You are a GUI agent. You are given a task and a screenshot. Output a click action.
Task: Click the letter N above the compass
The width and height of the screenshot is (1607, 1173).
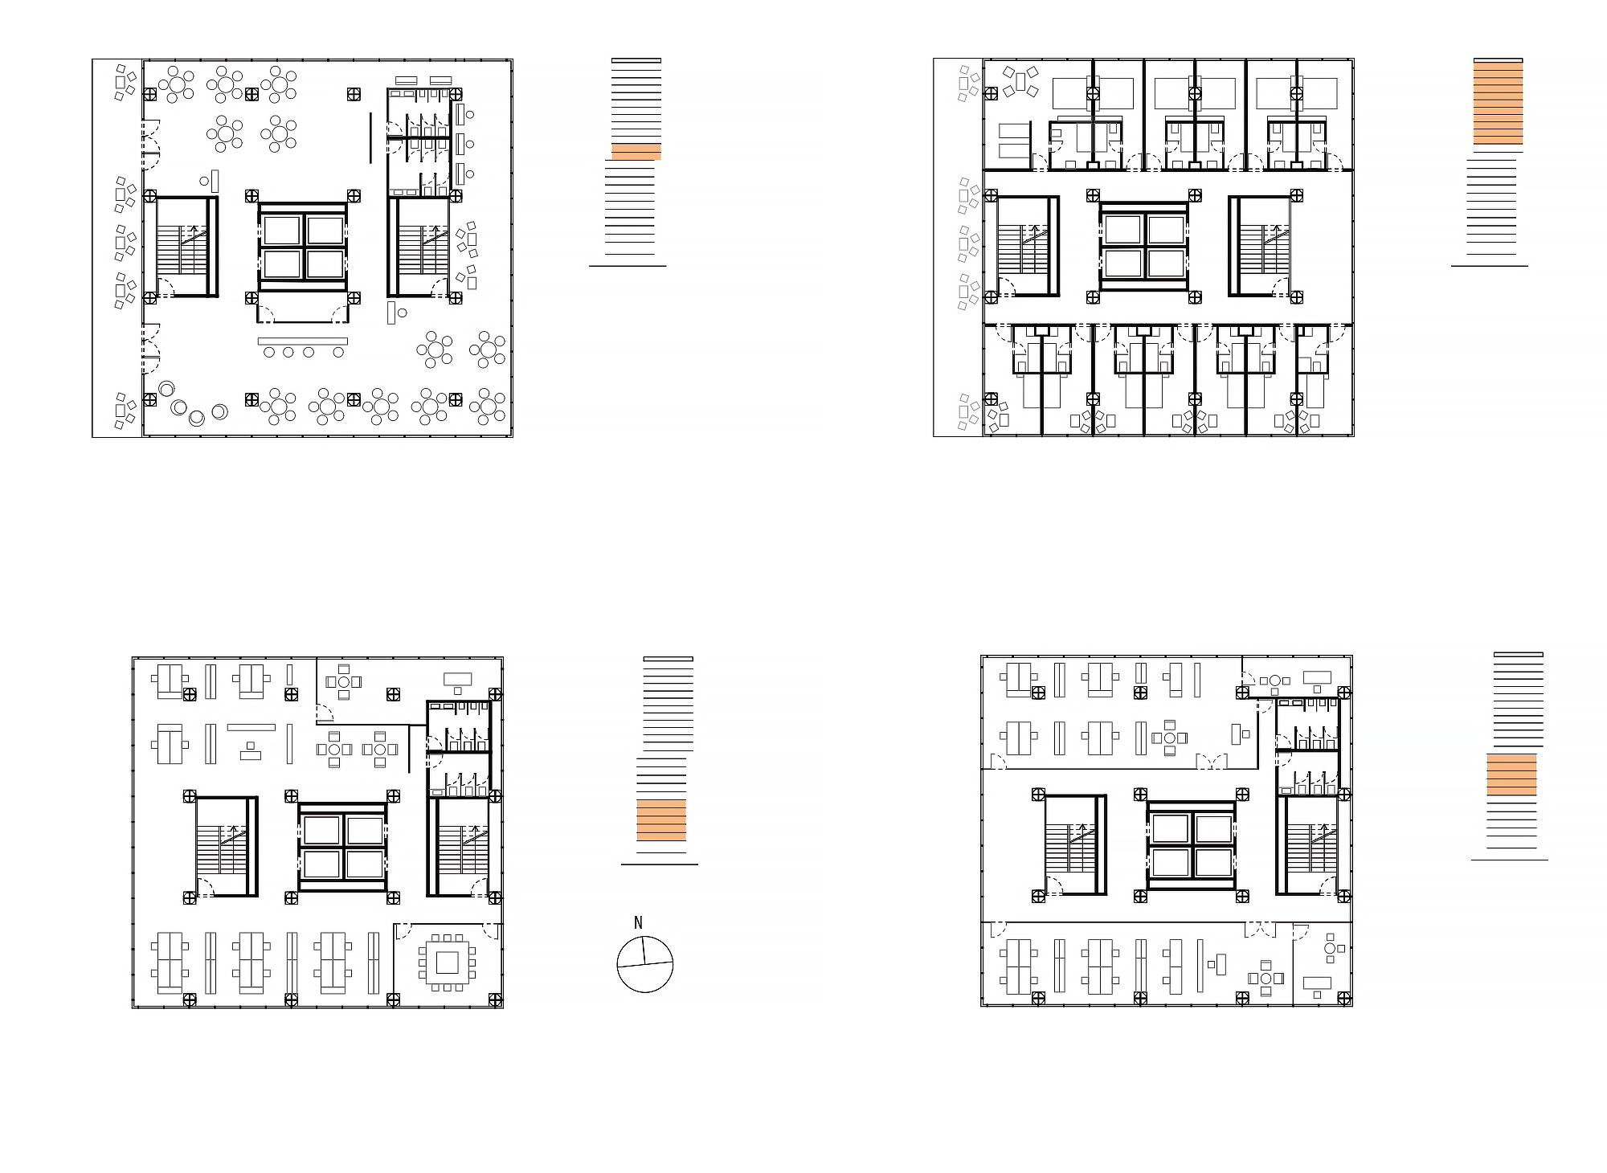click(638, 922)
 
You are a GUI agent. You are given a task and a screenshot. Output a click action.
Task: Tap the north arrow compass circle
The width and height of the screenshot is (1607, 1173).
click(644, 964)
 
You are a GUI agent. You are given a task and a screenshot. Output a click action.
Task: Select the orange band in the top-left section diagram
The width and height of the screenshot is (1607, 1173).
click(636, 152)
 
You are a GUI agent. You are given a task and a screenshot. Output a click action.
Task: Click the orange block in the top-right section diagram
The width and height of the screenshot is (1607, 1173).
click(1498, 103)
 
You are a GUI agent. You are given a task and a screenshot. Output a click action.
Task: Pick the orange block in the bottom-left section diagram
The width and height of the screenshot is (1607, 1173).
click(661, 820)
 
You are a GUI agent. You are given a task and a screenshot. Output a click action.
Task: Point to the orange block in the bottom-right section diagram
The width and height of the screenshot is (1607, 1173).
click(1511, 775)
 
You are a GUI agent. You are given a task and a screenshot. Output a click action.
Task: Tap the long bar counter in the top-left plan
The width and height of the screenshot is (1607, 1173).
click(302, 341)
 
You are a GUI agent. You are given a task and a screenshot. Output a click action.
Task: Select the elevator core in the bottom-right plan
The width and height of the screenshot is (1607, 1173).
click(1191, 845)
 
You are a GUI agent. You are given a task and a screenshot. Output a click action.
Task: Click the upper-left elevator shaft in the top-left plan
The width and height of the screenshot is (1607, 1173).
click(281, 231)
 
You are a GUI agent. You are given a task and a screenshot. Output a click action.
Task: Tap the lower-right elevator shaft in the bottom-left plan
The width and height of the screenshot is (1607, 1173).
click(364, 864)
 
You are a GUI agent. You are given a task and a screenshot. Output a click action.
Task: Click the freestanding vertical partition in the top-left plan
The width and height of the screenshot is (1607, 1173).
click(370, 138)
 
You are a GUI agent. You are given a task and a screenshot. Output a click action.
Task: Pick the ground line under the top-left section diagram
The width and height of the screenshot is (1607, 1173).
click(628, 265)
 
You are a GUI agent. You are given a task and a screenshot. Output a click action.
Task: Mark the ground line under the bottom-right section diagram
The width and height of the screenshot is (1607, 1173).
click(1510, 860)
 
